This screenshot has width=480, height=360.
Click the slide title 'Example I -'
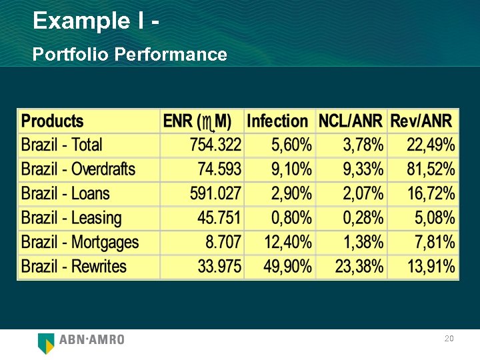point(96,21)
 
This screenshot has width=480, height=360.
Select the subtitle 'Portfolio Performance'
point(129,54)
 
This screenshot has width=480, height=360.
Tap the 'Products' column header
point(53,121)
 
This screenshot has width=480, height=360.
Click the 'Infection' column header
point(277,121)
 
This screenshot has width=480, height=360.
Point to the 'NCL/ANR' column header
point(351,121)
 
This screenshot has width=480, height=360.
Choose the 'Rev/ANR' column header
point(421,121)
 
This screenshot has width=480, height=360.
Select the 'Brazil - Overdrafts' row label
point(78,169)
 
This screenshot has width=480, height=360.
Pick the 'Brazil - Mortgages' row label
point(80,242)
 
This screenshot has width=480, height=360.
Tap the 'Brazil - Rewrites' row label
point(74,267)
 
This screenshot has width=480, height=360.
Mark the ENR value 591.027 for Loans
point(215,194)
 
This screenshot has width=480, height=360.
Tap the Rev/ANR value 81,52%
point(431,169)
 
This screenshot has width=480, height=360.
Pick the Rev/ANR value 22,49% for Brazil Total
point(431,145)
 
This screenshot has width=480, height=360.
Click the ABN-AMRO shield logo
point(46,343)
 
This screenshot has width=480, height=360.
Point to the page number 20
point(449,339)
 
